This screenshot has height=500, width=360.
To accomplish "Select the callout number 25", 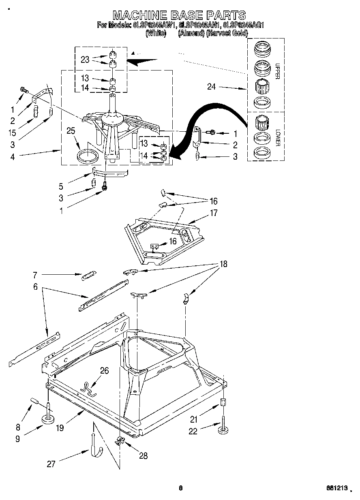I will (71, 130).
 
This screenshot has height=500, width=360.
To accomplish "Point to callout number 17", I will (213, 212).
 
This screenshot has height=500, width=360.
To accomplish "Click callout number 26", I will (104, 370).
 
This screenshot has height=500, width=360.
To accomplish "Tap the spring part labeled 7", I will (88, 276).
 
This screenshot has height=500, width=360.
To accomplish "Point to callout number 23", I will (85, 59).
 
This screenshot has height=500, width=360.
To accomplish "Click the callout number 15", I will (13, 132).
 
